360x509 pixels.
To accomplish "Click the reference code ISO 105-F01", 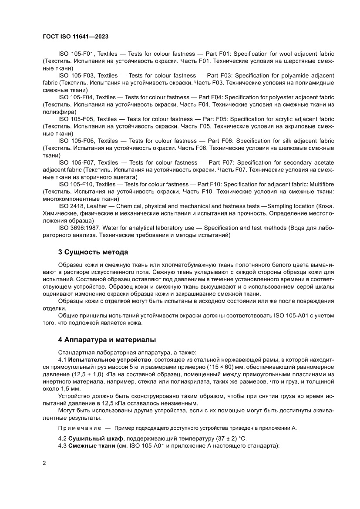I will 75,52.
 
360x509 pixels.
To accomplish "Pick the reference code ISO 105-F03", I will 75,75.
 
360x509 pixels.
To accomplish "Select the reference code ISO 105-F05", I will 75,118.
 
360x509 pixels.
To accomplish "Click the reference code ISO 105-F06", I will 75,141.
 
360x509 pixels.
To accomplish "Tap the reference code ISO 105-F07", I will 75,162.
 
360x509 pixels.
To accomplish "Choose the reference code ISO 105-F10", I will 75,185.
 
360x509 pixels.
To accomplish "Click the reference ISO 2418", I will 70,206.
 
